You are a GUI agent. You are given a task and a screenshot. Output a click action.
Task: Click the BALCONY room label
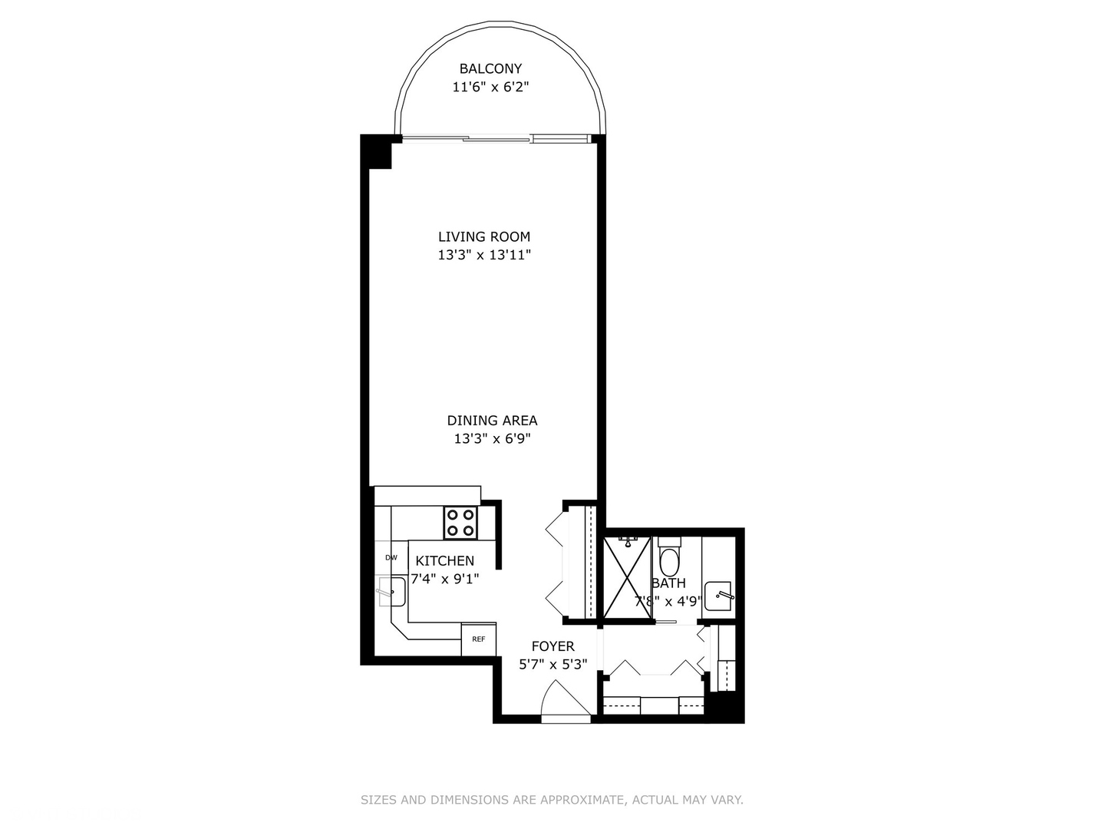pos(490,68)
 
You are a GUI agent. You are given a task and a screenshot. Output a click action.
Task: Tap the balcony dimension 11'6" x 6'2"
pos(490,88)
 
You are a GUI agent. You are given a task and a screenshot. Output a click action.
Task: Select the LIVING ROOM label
pos(484,236)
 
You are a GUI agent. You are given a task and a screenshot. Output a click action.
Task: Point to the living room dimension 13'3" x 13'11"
pos(484,255)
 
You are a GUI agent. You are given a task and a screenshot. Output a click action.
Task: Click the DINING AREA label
pos(492,421)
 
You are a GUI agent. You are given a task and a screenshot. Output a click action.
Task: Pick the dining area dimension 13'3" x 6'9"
pos(492,439)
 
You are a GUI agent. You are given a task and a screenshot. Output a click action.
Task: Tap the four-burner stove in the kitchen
pos(460,523)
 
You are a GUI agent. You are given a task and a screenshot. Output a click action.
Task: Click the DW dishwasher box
pos(391,558)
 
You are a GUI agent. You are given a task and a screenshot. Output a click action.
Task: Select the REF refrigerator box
pos(478,639)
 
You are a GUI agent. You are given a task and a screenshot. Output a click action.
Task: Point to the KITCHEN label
pos(445,561)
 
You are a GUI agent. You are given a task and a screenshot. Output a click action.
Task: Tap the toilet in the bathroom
pos(669,559)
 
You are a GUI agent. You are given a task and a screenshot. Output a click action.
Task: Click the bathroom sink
pos(720,596)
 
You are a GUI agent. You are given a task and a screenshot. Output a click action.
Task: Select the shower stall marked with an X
pos(628,577)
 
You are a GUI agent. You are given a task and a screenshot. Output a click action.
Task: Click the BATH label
pos(668,583)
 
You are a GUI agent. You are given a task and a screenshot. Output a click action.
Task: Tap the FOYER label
pos(552,646)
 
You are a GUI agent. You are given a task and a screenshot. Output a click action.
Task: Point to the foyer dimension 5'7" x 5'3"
pos(552,665)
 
